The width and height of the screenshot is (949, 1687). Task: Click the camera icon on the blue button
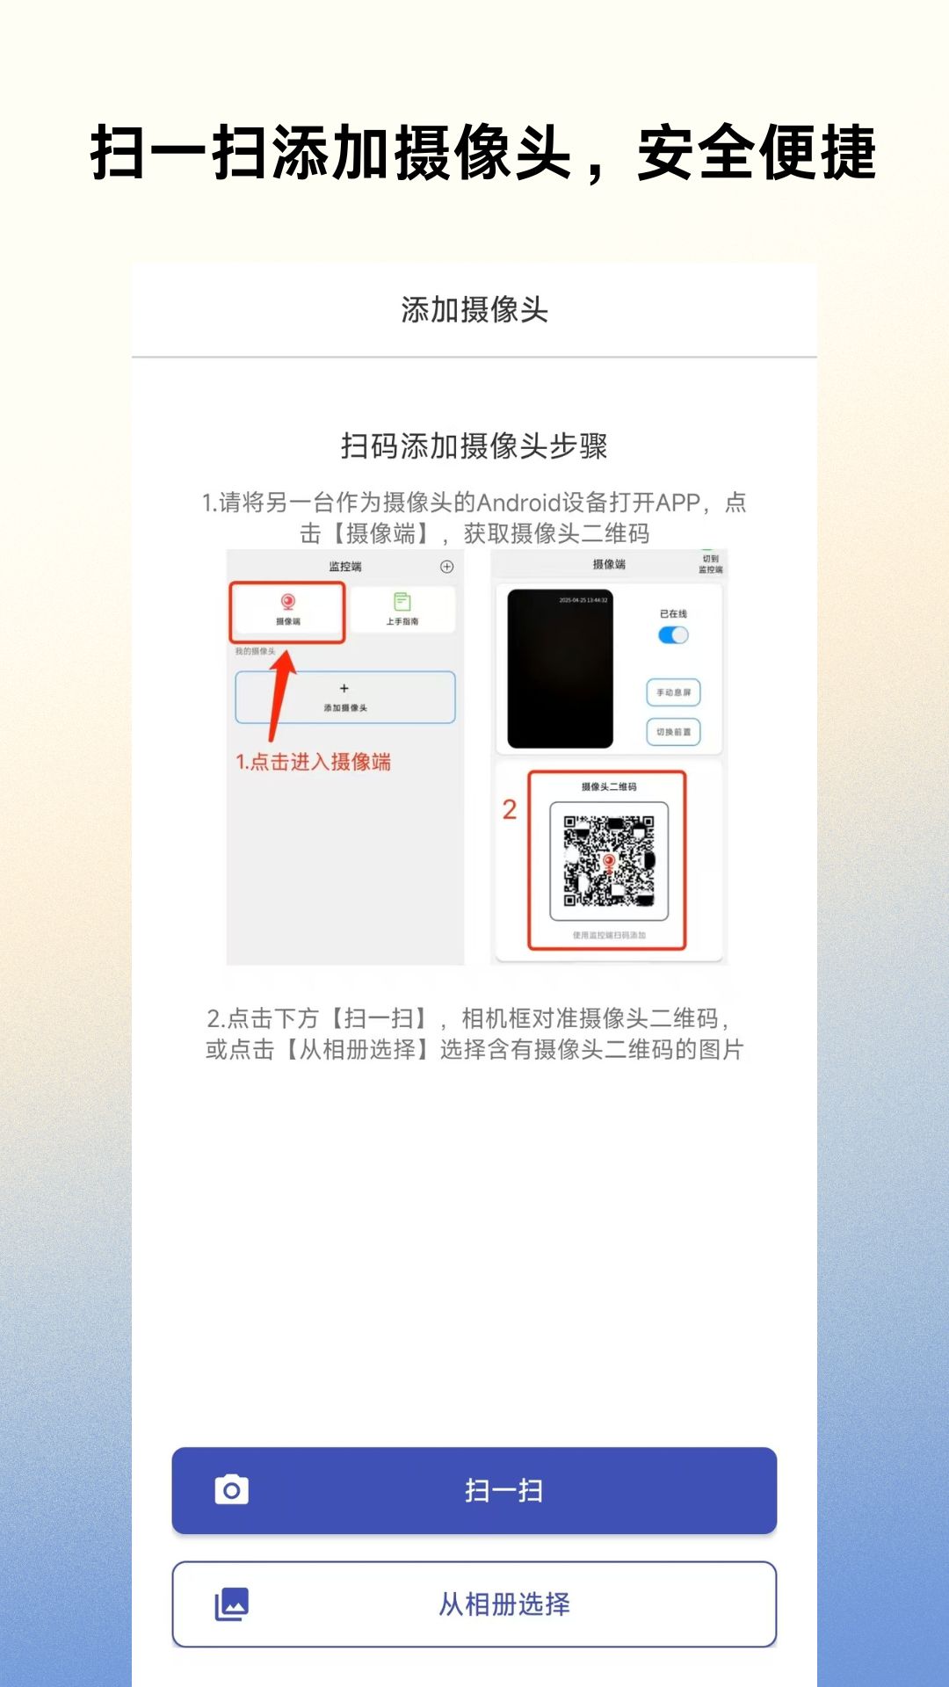pyautogui.click(x=232, y=1490)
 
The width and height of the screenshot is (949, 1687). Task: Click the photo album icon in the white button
pyautogui.click(x=232, y=1604)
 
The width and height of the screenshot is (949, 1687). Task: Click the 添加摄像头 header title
pyautogui.click(x=474, y=310)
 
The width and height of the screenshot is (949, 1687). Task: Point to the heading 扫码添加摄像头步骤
pyautogui.click(x=474, y=446)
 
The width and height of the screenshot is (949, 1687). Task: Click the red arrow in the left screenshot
pyautogui.click(x=280, y=694)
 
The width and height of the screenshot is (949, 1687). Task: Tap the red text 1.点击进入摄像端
pyautogui.click(x=313, y=763)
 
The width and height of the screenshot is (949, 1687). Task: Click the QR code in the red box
pyautogui.click(x=608, y=861)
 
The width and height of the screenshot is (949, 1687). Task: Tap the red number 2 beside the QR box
pyautogui.click(x=510, y=809)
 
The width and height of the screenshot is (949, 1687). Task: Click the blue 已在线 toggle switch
pyautogui.click(x=673, y=635)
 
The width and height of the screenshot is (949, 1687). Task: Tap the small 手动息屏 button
pyautogui.click(x=673, y=692)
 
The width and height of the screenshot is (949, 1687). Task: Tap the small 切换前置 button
pyautogui.click(x=673, y=732)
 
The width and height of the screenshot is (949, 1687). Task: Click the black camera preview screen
pyautogui.click(x=560, y=670)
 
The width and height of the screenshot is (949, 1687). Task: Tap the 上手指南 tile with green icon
pyautogui.click(x=402, y=608)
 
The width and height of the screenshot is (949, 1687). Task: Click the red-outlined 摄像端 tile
pyautogui.click(x=287, y=611)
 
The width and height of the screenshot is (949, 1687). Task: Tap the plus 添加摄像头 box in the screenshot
pyautogui.click(x=344, y=698)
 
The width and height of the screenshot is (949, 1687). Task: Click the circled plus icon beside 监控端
pyautogui.click(x=446, y=567)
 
